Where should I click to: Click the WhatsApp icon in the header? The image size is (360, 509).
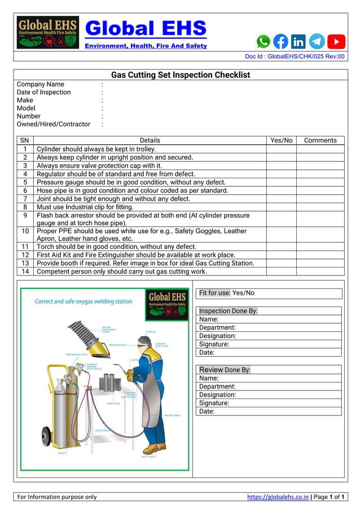pos(264,41)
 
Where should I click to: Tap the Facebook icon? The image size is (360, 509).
pos(280,41)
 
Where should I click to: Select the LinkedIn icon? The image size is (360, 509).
pos(298,41)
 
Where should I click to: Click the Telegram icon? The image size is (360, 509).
pos(317,41)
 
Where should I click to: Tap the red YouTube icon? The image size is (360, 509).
pos(336,41)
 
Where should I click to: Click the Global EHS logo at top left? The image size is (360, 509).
pos(47,32)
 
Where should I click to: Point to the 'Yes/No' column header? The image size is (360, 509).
pos(282,141)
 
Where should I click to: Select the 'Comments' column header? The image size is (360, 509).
pos(320,141)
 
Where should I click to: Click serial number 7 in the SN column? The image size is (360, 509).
pos(25,199)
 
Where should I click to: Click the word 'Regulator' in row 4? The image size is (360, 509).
pos(52,174)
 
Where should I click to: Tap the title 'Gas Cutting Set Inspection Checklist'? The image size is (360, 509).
pos(180,75)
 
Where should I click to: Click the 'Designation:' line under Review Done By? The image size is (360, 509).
pos(218,395)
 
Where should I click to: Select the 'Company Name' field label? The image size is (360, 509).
pos(41,85)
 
